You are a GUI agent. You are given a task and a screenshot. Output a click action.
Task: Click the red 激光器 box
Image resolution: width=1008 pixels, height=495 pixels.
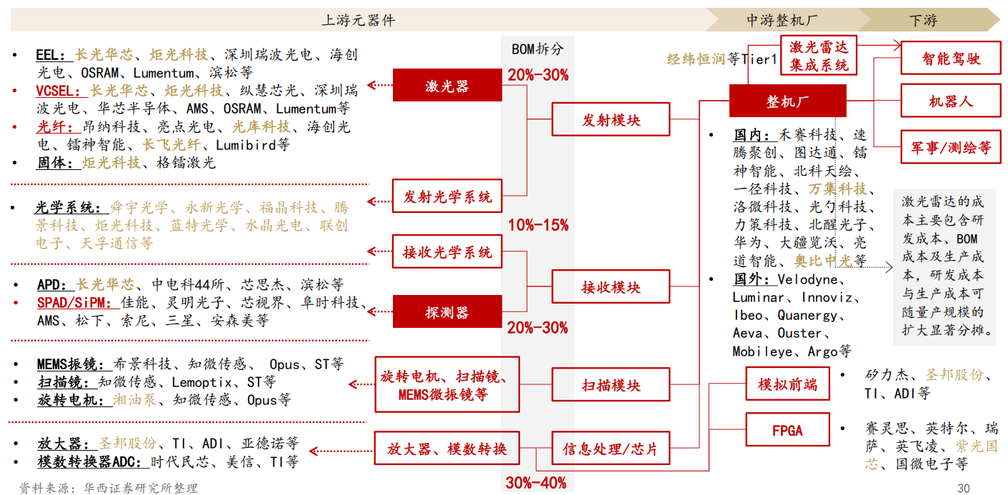447,85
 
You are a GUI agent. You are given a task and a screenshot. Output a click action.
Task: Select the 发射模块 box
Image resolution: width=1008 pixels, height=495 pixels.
611,119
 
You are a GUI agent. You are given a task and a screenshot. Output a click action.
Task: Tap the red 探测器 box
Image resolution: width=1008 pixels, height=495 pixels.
447,311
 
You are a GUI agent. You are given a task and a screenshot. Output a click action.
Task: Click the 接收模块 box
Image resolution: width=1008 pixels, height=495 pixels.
611,286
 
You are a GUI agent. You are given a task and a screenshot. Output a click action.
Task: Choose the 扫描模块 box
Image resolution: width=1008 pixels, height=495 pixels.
611,385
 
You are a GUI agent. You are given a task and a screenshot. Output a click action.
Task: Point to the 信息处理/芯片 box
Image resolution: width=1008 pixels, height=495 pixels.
611,448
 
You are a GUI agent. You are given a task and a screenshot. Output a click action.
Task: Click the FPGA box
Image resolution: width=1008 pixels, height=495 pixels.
787,430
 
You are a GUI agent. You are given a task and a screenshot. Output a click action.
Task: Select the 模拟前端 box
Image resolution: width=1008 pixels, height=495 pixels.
787,384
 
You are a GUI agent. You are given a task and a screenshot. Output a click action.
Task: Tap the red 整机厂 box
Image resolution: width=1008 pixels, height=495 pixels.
787,101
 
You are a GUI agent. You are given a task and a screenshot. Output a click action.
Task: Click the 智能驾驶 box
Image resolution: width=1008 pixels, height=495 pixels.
951,58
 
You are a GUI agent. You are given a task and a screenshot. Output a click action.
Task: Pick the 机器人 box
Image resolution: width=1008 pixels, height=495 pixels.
951,101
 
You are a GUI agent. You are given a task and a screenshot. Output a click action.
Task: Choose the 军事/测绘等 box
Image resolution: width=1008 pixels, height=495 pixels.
951,147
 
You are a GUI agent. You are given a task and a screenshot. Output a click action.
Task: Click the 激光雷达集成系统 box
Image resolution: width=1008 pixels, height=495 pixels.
819,55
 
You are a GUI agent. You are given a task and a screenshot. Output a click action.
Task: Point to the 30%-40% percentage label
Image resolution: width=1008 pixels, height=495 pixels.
536,483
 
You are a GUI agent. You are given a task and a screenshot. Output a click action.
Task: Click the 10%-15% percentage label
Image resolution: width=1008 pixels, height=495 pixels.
538,225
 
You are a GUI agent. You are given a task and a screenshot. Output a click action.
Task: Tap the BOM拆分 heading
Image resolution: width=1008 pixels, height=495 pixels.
537,49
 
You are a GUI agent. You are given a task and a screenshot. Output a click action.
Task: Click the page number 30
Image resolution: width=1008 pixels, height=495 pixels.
964,489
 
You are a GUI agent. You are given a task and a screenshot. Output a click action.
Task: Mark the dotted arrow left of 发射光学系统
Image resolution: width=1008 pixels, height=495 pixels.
380,201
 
